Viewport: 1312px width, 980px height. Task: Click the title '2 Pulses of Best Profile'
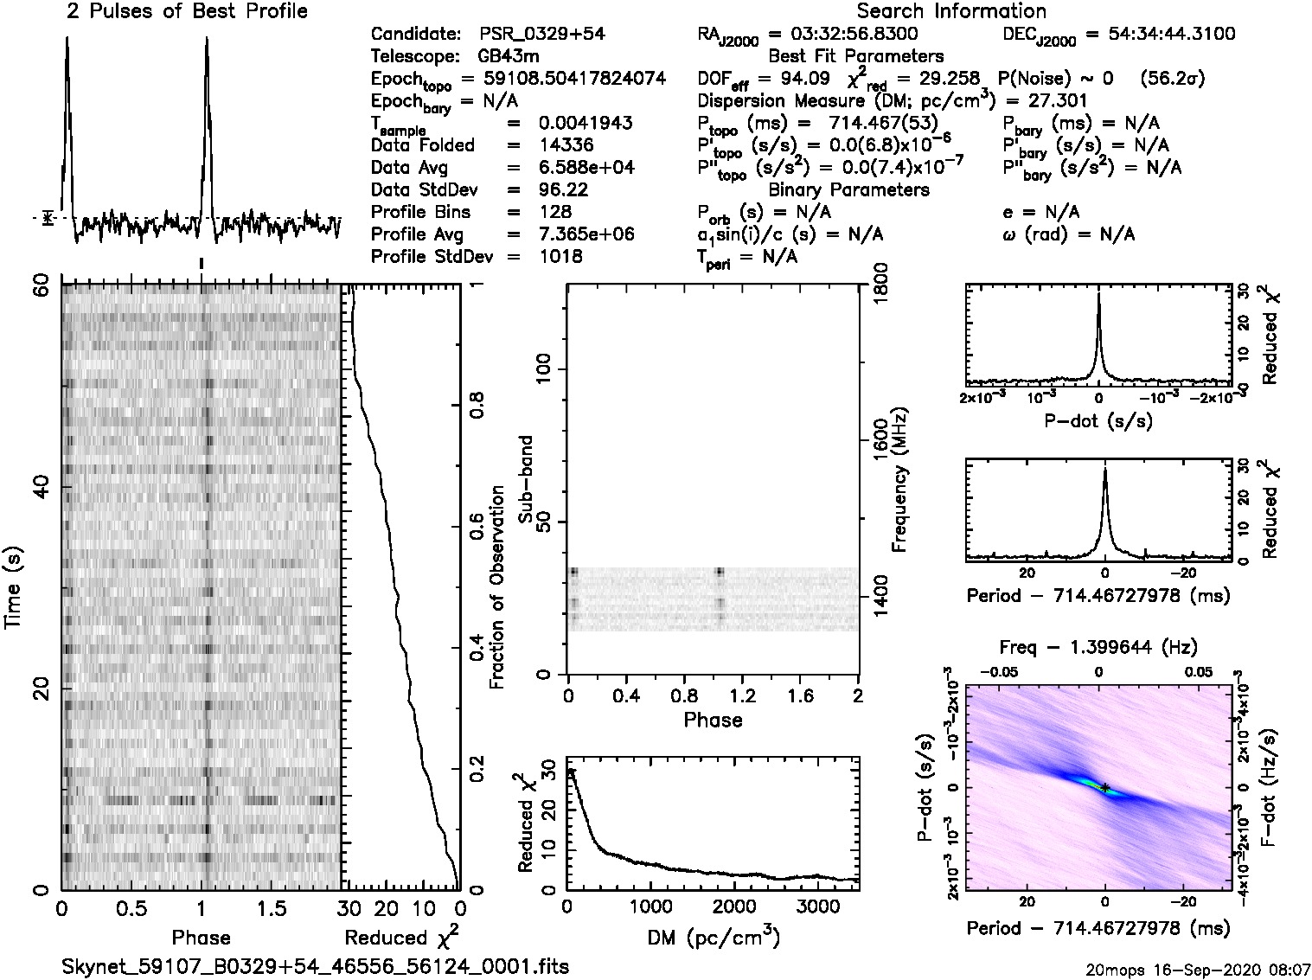click(187, 11)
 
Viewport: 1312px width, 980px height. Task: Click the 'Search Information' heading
click(950, 11)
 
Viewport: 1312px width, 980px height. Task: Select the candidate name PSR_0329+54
click(541, 35)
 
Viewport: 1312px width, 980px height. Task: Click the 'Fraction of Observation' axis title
click(496, 587)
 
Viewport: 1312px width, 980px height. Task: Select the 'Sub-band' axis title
click(524, 479)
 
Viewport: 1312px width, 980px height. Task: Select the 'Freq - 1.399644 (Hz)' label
click(1098, 647)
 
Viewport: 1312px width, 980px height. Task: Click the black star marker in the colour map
click(1104, 787)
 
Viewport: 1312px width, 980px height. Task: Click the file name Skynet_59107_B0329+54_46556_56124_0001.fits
click(316, 966)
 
